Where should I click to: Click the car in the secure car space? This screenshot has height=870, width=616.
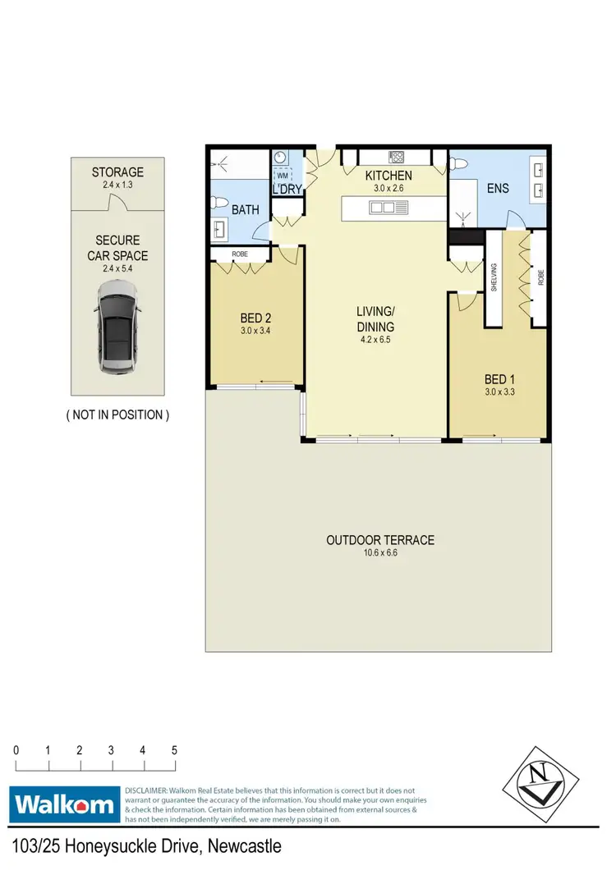[x=117, y=326]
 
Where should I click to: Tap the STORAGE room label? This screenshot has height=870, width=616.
[x=117, y=172]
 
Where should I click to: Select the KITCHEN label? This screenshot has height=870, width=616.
[x=388, y=176]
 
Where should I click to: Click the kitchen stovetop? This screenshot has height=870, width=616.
[x=394, y=156]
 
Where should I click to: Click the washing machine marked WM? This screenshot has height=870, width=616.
[x=283, y=176]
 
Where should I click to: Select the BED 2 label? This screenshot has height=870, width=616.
[x=255, y=318]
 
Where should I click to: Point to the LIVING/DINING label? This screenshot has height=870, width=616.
[x=376, y=318]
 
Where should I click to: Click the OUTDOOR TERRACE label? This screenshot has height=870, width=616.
[x=380, y=540]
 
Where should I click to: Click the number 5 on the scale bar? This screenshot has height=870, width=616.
[x=174, y=750]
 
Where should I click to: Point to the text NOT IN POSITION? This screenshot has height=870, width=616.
[x=117, y=414]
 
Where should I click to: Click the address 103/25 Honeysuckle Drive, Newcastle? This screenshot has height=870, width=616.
[x=148, y=846]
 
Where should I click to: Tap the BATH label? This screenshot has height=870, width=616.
[x=245, y=210]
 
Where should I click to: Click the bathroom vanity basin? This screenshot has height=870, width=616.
[x=220, y=226]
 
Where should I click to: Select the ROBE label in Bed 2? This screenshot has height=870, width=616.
[x=240, y=255]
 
